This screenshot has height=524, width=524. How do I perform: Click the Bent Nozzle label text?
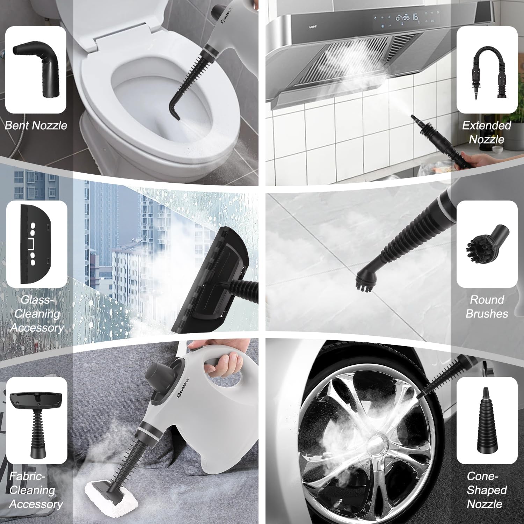[x=36, y=125]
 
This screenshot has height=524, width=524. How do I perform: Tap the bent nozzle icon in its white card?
[x=36, y=70]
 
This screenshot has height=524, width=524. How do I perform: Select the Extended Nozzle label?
[x=487, y=132]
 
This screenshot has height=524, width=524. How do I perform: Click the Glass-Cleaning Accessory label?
[x=37, y=314]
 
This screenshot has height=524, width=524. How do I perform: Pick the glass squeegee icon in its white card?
[x=36, y=244]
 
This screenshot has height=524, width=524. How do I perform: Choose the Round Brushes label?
[x=487, y=307]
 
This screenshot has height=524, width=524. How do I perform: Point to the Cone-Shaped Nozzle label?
[x=487, y=490]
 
